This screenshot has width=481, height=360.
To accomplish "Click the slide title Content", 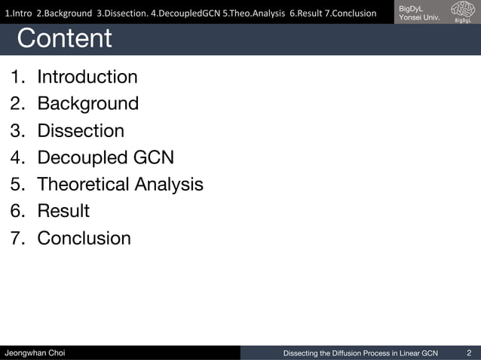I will click(64, 38).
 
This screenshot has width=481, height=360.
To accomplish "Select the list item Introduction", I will click(87, 77).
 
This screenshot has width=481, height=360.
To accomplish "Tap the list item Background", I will click(87, 103).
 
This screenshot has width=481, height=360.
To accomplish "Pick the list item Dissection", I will click(81, 130).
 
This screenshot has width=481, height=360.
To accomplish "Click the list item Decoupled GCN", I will click(106, 157).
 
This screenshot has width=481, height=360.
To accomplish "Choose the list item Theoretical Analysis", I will click(120, 184).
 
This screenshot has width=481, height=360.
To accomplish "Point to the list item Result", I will click(63, 211).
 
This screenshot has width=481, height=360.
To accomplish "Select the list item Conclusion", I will click(84, 238).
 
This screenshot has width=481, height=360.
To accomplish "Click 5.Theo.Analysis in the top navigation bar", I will click(253, 13).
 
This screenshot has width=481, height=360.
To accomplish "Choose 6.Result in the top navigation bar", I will click(306, 13).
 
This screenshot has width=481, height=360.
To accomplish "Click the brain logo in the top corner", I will click(462, 11).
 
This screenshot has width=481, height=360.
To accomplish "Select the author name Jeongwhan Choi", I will click(35, 352).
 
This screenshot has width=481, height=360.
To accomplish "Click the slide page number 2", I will click(469, 352).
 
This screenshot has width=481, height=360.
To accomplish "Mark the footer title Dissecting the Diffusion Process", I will click(360, 352).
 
